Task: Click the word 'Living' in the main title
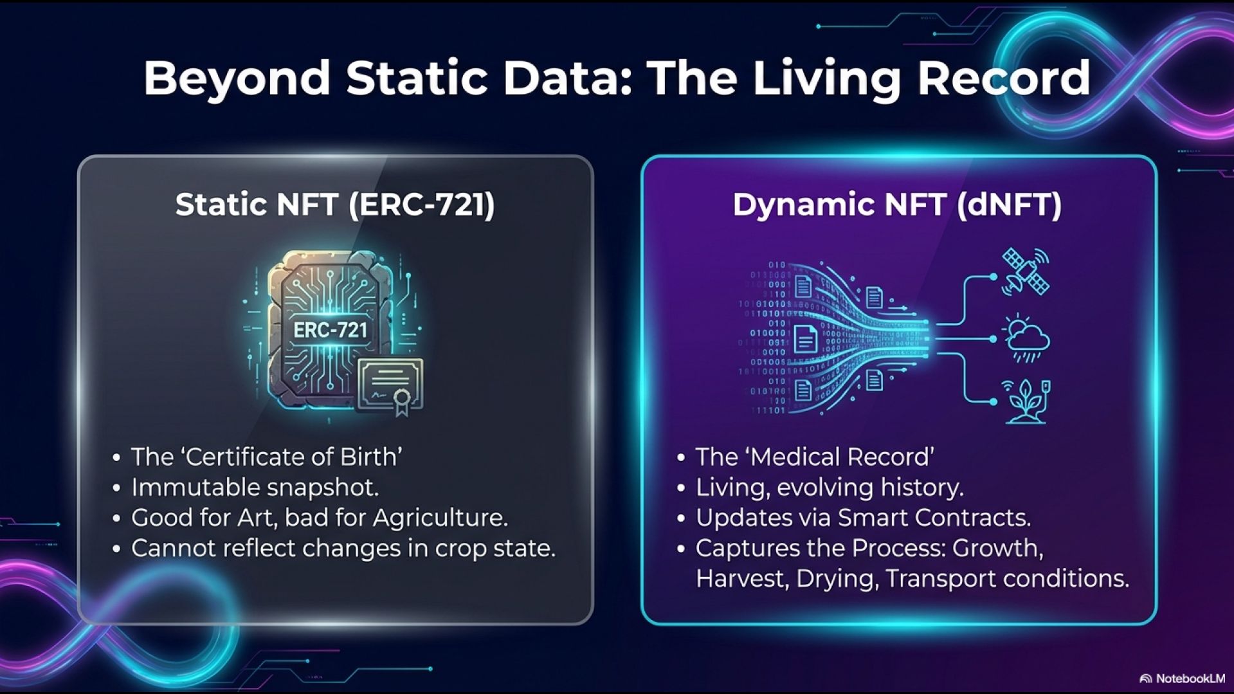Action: (827, 78)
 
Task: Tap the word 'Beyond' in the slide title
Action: (237, 78)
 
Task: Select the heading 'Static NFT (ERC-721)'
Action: (335, 205)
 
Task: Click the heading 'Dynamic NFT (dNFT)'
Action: (897, 205)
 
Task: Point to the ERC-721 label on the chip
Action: (331, 330)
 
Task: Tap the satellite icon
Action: (1026, 272)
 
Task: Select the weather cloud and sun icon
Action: (1026, 338)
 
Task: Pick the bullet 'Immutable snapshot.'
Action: (255, 488)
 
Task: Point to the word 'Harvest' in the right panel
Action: (743, 579)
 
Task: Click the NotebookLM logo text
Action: (1190, 679)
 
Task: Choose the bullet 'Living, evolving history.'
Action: (830, 488)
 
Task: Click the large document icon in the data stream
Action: (805, 339)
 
